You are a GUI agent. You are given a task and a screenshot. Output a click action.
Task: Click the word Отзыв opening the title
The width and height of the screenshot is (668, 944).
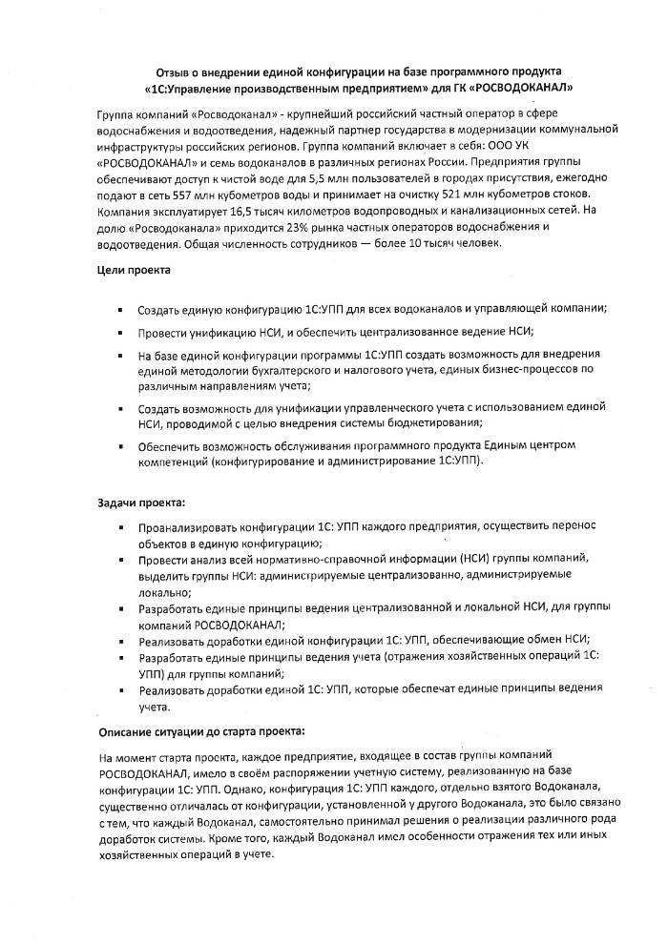(x=175, y=72)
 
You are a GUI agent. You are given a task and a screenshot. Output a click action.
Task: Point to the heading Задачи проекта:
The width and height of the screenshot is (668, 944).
(x=142, y=503)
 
